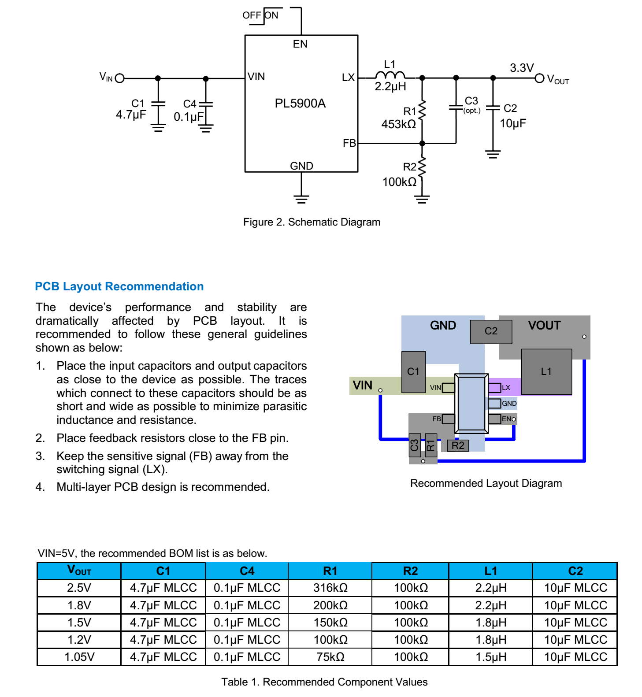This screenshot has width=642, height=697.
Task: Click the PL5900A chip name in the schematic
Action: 300,104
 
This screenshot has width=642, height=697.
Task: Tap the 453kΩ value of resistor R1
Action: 398,124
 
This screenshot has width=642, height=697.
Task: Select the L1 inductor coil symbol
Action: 390,75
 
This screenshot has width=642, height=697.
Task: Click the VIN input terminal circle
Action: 119,78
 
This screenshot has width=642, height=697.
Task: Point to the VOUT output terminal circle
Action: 539,78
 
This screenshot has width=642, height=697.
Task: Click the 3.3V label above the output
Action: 522,68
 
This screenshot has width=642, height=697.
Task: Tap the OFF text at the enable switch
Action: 252,15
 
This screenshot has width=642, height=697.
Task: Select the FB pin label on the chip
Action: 349,143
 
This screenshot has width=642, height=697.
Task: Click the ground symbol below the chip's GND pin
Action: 301,199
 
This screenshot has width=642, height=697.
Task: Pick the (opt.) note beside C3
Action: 472,111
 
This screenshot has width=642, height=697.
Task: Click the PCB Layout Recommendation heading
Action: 119,286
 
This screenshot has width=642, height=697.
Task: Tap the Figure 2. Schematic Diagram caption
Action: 312,222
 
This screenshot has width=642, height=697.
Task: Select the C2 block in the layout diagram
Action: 491,331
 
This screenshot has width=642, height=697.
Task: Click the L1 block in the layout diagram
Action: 546,371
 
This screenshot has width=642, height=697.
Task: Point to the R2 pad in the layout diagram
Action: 458,445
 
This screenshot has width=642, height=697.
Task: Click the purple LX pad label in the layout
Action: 506,388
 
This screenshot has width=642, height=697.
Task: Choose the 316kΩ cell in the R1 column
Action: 330,588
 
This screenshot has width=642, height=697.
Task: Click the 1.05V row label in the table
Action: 79,657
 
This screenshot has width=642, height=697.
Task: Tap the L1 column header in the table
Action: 490,571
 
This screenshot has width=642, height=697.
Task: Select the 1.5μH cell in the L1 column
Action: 490,657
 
